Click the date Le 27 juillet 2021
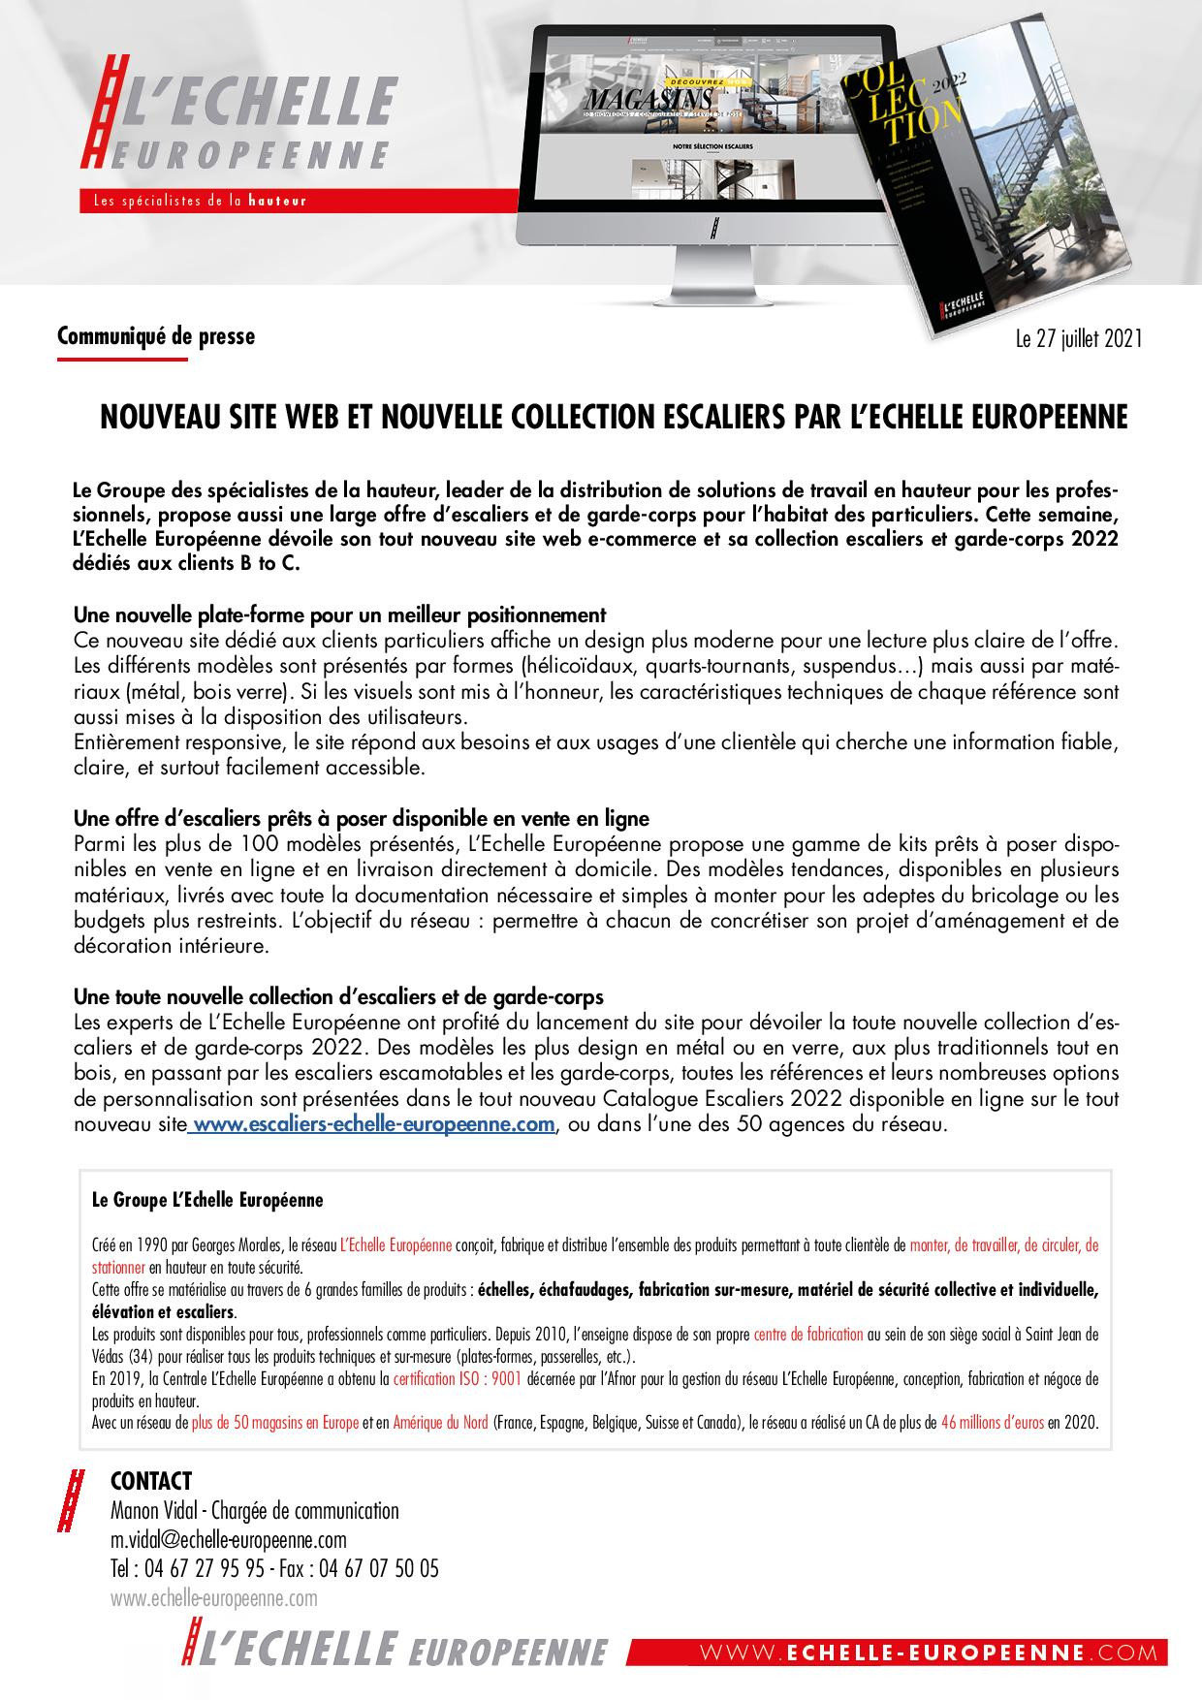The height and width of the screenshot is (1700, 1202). coord(1078,339)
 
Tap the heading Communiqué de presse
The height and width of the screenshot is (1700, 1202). coord(156,336)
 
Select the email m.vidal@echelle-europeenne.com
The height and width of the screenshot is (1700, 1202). coord(229,1540)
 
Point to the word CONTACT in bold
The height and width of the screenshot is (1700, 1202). coord(151,1481)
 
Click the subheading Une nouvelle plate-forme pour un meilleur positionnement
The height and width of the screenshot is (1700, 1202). coord(339,614)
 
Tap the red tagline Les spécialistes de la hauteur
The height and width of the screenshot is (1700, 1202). coord(199,201)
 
